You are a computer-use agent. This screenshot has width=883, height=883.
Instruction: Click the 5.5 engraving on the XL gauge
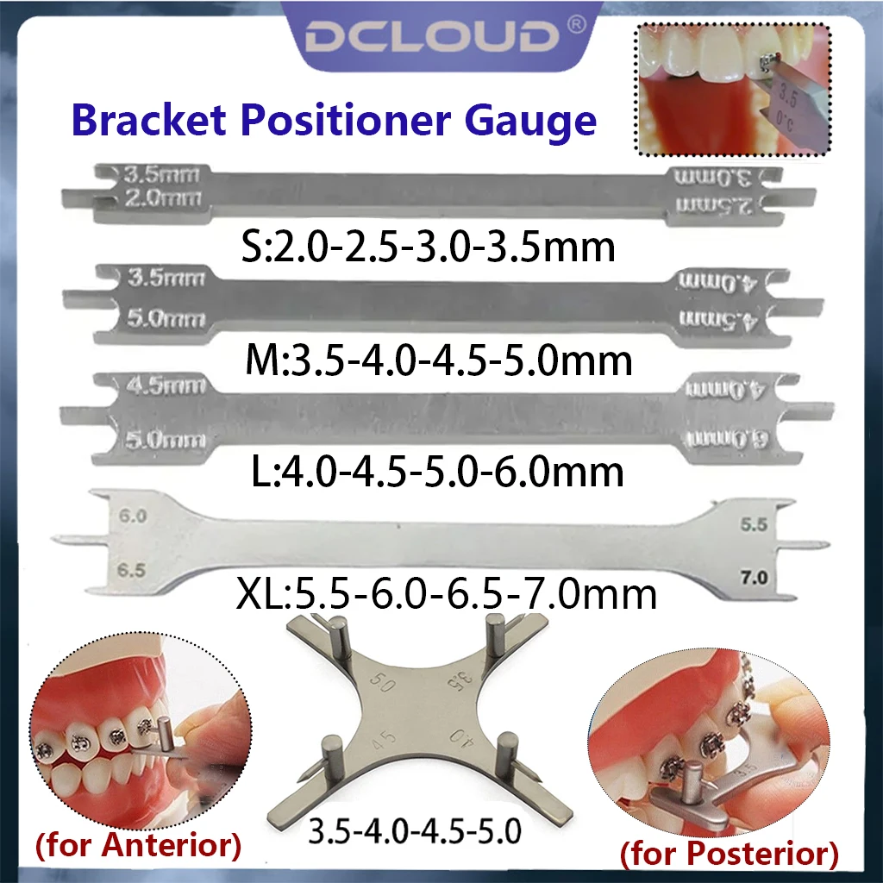(752, 523)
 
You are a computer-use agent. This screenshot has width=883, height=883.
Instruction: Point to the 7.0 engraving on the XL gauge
(752, 577)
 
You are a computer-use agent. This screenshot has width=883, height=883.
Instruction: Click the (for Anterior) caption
(138, 845)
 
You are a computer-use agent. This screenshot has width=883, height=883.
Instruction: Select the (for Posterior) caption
(729, 855)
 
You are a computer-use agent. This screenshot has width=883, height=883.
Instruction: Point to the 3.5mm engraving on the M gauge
(164, 279)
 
